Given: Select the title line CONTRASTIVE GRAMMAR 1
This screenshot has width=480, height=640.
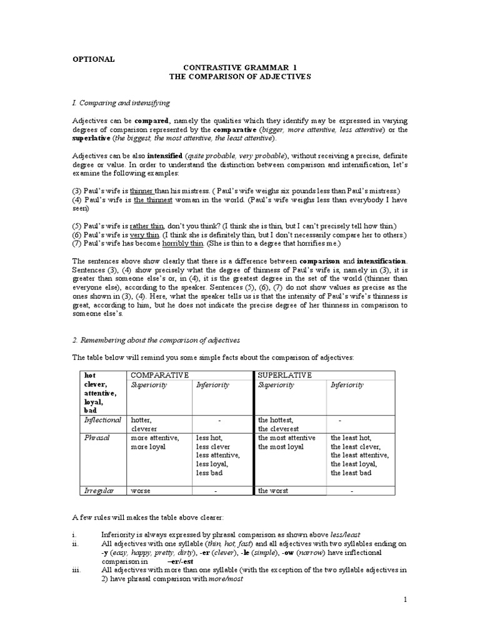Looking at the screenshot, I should tap(241, 66).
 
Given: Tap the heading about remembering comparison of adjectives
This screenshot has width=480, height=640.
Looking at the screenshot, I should tap(156, 340).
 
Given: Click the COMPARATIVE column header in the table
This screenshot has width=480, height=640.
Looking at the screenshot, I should tap(159, 374).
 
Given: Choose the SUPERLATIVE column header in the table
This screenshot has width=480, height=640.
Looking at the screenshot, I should tap(285, 374).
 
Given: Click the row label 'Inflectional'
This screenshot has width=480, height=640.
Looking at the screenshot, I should tap(102, 420).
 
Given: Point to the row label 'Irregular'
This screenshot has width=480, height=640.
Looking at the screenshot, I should tap(99, 491).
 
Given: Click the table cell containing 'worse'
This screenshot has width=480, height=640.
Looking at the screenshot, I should tap(141, 491).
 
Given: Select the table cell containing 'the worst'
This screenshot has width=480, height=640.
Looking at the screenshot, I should tap(273, 491).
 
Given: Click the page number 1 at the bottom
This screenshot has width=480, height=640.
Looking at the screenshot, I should tap(405, 600).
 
